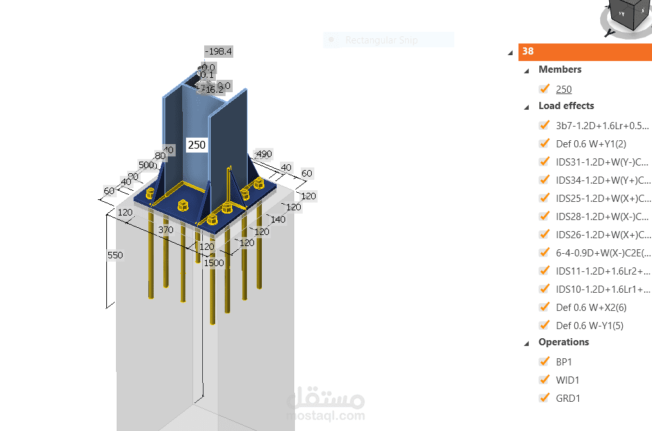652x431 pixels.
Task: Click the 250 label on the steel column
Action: click(x=197, y=145)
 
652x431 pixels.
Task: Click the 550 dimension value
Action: click(x=115, y=255)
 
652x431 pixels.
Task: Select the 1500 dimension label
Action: click(x=213, y=263)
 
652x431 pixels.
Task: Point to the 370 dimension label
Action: click(x=166, y=230)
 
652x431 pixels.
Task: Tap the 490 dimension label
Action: click(x=264, y=154)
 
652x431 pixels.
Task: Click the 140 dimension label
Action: click(x=278, y=219)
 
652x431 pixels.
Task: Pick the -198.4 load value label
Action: click(x=218, y=51)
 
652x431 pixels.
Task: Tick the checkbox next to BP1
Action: click(x=544, y=362)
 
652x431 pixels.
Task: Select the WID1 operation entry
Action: click(x=568, y=380)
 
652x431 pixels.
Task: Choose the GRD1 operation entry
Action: click(x=568, y=398)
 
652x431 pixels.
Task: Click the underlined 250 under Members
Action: click(x=564, y=90)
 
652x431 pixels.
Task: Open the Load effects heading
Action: click(x=566, y=106)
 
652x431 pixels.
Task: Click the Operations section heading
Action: click(x=563, y=342)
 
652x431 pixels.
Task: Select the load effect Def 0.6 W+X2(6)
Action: click(x=591, y=307)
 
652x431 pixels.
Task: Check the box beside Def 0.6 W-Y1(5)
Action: click(x=544, y=325)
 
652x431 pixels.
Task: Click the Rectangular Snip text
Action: click(x=381, y=40)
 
